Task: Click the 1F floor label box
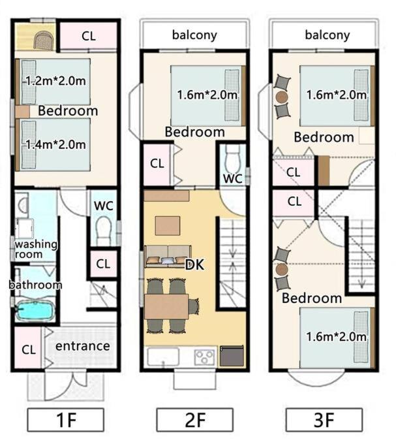[66, 420]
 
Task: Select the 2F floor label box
[195, 420]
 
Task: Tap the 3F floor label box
[324, 420]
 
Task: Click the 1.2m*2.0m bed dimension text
[55, 81]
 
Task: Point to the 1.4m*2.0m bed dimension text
[55, 144]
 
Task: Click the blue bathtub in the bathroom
[35, 310]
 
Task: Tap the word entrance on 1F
[83, 346]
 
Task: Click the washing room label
[36, 249]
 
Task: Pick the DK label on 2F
[194, 265]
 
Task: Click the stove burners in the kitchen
[205, 357]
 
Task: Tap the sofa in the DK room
[168, 256]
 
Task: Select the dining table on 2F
[166, 307]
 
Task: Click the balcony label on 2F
[194, 35]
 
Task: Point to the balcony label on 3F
[327, 35]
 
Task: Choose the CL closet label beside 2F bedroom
[157, 163]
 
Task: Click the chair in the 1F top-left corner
[44, 40]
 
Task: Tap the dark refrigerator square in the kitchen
[232, 356]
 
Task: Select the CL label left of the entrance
[29, 349]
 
